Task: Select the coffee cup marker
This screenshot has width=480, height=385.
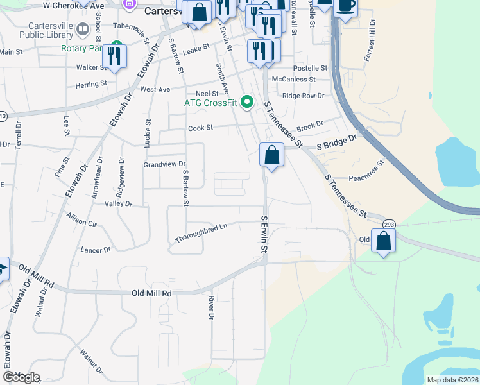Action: point(345,5)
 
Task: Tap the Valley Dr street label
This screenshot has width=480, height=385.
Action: point(118,204)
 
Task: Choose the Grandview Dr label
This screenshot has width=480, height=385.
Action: point(164,164)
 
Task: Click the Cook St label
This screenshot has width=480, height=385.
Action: point(200,128)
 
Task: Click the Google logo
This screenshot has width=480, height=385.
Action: point(21,377)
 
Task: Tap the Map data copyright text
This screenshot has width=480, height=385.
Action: point(452,380)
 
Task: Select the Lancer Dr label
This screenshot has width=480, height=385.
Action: point(96,249)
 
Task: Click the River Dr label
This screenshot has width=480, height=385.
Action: point(210,307)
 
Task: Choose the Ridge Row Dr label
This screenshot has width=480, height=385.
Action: point(304,96)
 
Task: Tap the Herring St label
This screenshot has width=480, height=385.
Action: point(90,84)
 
